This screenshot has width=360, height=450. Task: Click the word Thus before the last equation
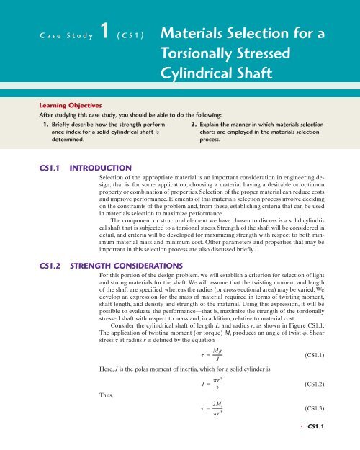click(106, 415)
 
